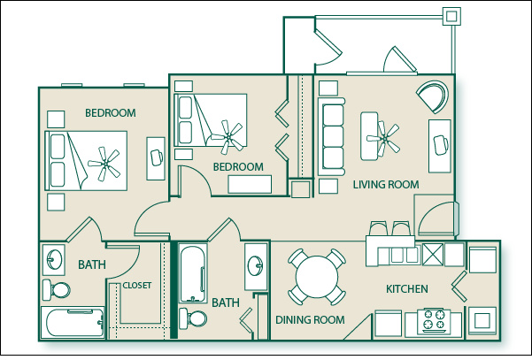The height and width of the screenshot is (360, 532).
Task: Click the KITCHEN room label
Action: [x=407, y=289]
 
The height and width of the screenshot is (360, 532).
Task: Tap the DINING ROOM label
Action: [x=310, y=319]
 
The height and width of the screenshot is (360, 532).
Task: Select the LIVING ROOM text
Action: [x=386, y=185]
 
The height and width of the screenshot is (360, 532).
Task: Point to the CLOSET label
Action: [x=136, y=286]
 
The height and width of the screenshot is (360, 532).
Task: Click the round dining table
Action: [x=317, y=277]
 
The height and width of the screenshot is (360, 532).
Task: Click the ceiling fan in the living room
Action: [x=384, y=138]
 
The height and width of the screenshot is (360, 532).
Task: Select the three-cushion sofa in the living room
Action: [x=331, y=136]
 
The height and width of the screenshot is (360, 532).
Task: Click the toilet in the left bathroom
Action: [x=56, y=290]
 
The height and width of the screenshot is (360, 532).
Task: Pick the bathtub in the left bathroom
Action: [x=73, y=322]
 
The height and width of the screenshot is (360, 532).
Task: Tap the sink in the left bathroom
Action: [x=54, y=259]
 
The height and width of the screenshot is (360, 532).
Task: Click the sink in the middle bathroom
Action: [x=255, y=265]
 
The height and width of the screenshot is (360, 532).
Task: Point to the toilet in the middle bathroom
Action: [x=193, y=318]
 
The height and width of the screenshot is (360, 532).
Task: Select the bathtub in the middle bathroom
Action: [x=193, y=273]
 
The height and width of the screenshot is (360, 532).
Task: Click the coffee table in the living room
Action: [x=369, y=136]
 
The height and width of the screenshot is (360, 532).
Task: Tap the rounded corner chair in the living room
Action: [x=433, y=96]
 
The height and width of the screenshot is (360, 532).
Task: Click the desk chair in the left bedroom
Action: [x=157, y=157]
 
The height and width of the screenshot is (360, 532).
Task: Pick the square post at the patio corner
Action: [x=451, y=16]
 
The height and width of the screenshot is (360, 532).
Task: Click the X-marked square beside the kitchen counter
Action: [x=433, y=254]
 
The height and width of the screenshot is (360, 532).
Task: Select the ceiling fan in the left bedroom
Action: [x=104, y=164]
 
